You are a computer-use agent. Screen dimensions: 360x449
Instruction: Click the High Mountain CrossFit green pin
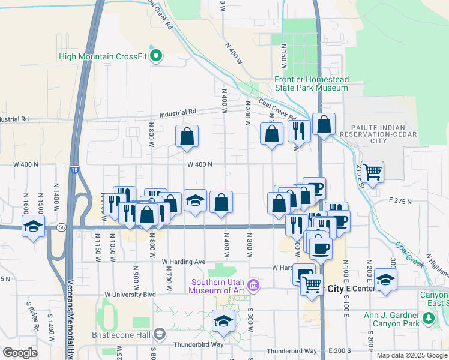(157, 58)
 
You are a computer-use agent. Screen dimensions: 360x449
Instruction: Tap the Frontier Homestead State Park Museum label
(311, 83)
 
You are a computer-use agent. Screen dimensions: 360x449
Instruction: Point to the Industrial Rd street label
(178, 112)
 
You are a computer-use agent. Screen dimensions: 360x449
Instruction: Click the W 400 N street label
(200, 164)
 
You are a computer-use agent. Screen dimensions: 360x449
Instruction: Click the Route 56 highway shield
(62, 227)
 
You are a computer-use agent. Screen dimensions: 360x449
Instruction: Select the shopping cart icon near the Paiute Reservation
(373, 171)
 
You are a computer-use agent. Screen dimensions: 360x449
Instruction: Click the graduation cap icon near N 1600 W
(33, 226)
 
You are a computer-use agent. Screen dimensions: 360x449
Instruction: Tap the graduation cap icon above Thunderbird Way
(223, 320)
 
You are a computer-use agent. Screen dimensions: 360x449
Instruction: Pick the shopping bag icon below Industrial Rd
(187, 136)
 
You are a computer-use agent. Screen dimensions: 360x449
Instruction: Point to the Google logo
(20, 353)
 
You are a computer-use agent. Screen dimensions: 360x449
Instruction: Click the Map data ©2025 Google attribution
(411, 355)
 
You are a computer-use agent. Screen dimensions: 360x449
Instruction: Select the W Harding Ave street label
(184, 262)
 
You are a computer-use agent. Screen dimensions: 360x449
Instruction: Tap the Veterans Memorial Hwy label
(70, 330)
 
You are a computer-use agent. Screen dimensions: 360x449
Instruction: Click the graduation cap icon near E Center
(385, 280)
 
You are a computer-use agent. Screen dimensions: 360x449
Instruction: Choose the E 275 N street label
(400, 200)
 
